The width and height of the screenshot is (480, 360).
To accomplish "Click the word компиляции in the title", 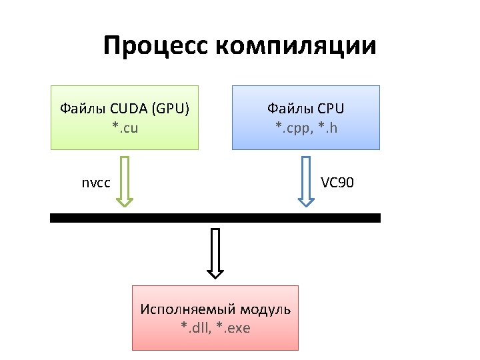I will pyautogui.click(x=296, y=46).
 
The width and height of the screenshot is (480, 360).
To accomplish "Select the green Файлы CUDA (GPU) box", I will pyautogui.click(x=125, y=117).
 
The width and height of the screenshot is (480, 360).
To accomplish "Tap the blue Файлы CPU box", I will pyautogui.click(x=306, y=117).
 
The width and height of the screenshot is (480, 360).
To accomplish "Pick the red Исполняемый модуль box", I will pyautogui.click(x=215, y=318).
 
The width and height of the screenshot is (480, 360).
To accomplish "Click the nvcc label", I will pyautogui.click(x=96, y=182).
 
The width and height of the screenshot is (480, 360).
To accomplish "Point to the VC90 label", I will pyautogui.click(x=337, y=182).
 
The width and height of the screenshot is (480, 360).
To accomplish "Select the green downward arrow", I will pyautogui.click(x=124, y=182).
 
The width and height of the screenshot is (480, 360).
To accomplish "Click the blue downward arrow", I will pyautogui.click(x=305, y=182).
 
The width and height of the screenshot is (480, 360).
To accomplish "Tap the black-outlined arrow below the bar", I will pyautogui.click(x=215, y=253).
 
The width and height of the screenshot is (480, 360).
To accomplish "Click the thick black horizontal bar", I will pyautogui.click(x=215, y=218).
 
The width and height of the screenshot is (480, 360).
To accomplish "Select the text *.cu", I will pyautogui.click(x=125, y=127).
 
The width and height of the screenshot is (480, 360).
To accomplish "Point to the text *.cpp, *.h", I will pyautogui.click(x=306, y=127).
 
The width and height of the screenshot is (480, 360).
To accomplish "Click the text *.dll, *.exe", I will pyautogui.click(x=215, y=327).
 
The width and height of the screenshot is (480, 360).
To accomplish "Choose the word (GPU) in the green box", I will pyautogui.click(x=171, y=108).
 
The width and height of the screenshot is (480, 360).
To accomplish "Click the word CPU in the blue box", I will pyautogui.click(x=330, y=108).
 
